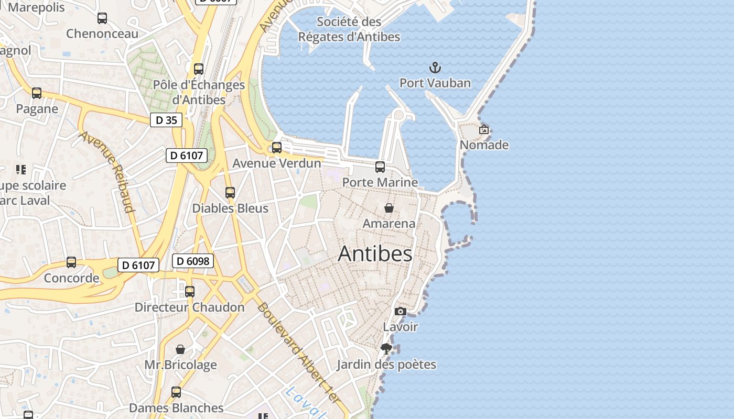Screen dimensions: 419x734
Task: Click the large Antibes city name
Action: (x=375, y=254)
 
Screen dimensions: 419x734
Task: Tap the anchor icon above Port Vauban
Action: (x=435, y=68)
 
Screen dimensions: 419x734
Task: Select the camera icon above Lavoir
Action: (x=401, y=312)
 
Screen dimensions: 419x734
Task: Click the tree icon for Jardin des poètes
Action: (x=386, y=349)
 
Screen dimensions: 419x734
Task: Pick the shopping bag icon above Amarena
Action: (x=389, y=208)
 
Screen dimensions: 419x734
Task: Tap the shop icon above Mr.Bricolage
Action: (x=180, y=349)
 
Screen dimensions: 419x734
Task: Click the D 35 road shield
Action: (x=166, y=120)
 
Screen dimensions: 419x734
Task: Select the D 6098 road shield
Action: (x=193, y=261)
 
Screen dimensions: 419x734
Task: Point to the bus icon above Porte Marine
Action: (x=380, y=167)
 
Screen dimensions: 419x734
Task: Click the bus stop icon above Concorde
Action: (x=71, y=262)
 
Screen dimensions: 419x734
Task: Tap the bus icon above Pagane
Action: (x=37, y=93)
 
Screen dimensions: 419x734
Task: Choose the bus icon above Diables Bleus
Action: (x=230, y=193)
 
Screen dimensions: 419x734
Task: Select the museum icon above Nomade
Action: (x=484, y=129)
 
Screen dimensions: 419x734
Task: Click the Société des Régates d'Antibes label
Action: (x=349, y=29)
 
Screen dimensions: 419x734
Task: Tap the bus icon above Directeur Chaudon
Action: (x=190, y=292)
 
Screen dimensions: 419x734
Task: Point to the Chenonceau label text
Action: (x=102, y=34)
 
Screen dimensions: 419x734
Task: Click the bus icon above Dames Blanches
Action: (x=176, y=392)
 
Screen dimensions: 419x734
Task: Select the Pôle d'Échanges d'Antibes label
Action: (x=199, y=92)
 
